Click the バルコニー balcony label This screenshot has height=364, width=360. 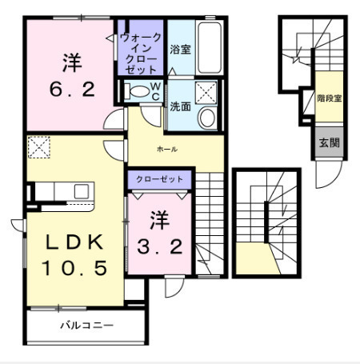87,326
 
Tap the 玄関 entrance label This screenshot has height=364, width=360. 330,143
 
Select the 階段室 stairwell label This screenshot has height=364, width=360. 330,98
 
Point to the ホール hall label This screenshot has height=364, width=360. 167,149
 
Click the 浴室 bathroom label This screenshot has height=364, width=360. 180,50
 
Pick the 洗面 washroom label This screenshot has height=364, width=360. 180,106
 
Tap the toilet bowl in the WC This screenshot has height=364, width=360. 137,91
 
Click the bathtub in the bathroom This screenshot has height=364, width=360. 210,48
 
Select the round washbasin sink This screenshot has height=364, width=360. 207,118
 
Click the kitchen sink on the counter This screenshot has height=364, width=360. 82,191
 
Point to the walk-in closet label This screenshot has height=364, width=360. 141,54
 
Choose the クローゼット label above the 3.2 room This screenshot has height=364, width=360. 159,179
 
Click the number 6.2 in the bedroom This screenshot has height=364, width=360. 72,90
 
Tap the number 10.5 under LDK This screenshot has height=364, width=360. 74,268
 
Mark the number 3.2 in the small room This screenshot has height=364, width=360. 160,246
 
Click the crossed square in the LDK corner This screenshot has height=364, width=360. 39,147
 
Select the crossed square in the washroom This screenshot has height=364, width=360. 206,92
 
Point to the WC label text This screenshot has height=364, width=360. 155,91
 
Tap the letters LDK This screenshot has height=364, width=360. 74,242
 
